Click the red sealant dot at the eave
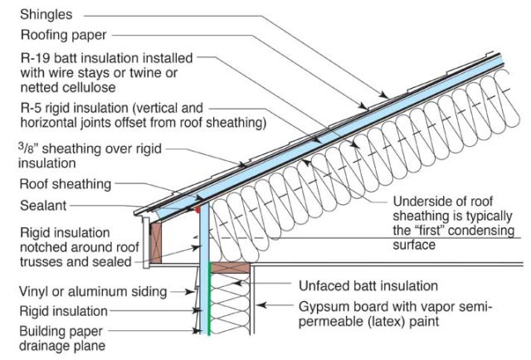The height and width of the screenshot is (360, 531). [x=198, y=210]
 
